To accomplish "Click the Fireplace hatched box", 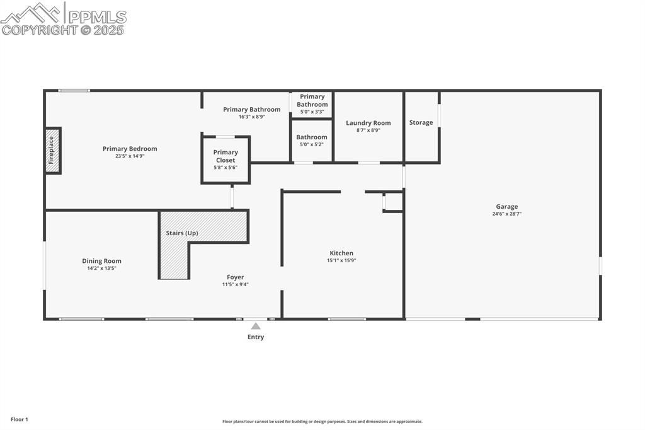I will (x=53, y=151).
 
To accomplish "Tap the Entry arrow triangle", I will (x=256, y=326).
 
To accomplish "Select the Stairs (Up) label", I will (x=182, y=233).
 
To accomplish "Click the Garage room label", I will (x=506, y=206).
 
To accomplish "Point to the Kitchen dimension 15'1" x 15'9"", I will (x=341, y=260).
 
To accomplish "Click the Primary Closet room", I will (x=225, y=160).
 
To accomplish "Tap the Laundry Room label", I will (x=368, y=123).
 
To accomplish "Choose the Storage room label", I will (x=421, y=122).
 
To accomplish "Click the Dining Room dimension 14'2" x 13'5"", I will (x=101, y=268).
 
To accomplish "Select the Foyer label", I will (x=236, y=277).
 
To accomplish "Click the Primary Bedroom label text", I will (x=130, y=149).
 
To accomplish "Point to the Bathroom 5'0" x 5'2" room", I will (x=312, y=141).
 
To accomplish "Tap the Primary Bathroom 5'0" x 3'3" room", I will (x=312, y=104).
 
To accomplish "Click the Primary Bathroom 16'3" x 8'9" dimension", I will (x=252, y=117).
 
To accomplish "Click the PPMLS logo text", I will (x=97, y=17).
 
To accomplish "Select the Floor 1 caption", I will (x=20, y=419).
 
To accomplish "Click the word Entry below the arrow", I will (x=256, y=337).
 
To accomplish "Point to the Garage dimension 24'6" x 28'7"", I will (x=506, y=214).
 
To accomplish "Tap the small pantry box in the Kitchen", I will (x=394, y=202).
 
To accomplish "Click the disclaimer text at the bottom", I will (x=322, y=422).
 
